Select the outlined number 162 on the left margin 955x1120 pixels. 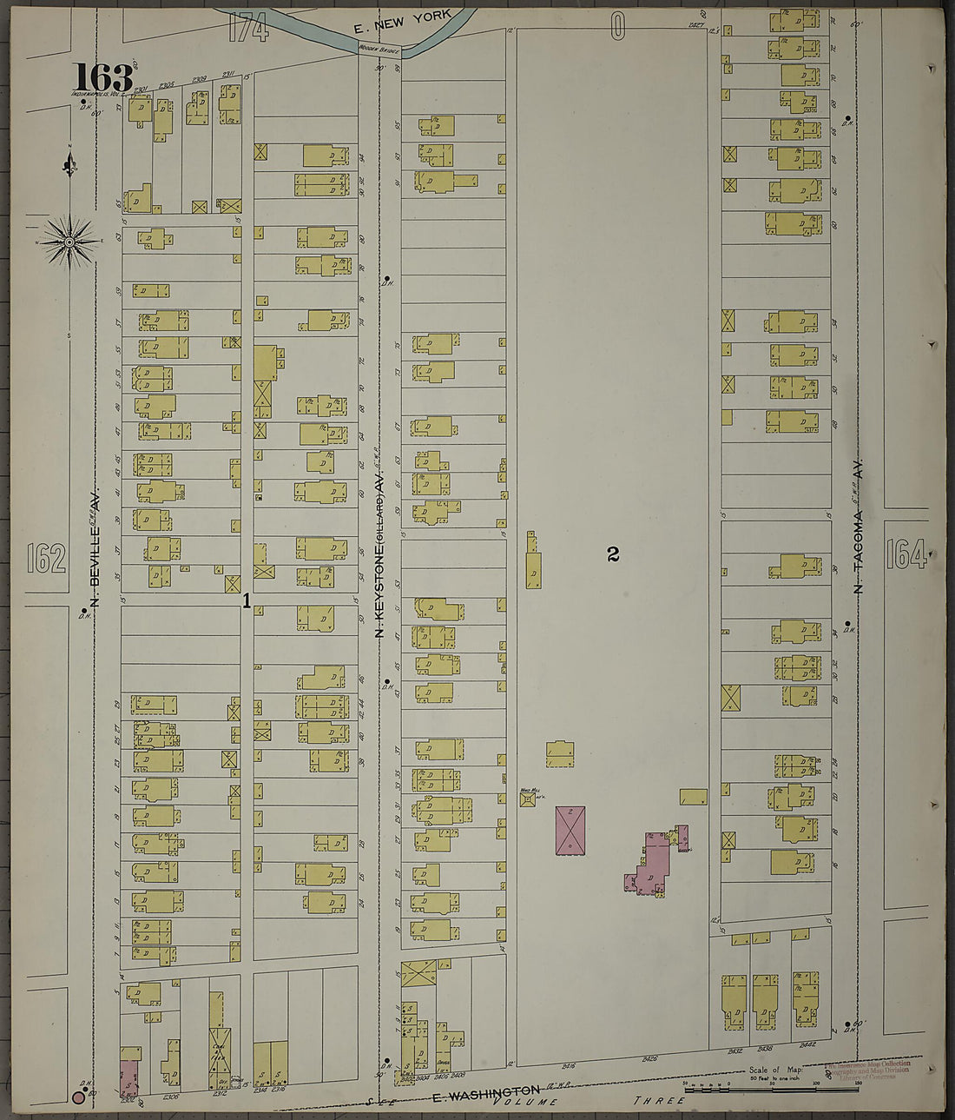(x=46, y=558)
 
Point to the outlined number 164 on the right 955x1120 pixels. (x=906, y=553)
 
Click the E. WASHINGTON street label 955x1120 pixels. (x=486, y=1090)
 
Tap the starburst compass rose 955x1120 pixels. (x=69, y=241)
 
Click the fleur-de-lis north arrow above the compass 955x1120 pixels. (x=69, y=162)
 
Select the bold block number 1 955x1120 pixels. (x=247, y=600)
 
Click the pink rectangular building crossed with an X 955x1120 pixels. (x=570, y=829)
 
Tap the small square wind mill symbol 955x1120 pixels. (x=526, y=798)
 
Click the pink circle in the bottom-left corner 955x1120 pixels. (x=78, y=1098)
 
